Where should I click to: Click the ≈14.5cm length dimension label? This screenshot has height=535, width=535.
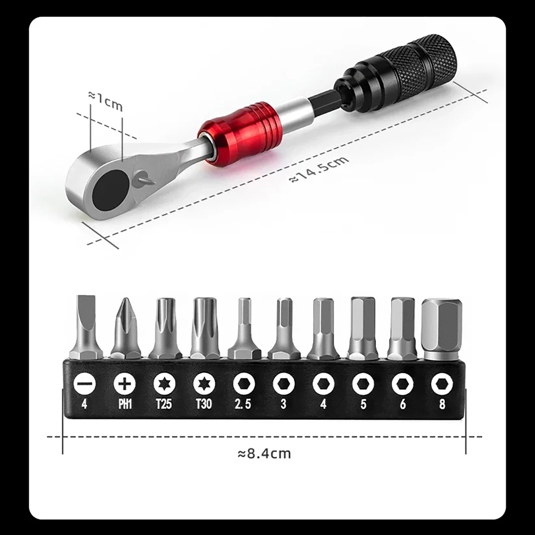pos(319,167)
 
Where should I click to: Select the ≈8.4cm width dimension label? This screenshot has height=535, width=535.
pos(264,454)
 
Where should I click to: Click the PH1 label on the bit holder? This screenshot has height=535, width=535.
pos(124,405)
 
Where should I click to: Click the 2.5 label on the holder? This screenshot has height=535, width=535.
pos(243,405)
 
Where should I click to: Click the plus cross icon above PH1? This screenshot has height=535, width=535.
pos(124,384)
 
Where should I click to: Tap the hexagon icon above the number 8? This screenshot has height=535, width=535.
pos(442,384)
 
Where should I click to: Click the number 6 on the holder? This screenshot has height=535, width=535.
pos(402,405)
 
